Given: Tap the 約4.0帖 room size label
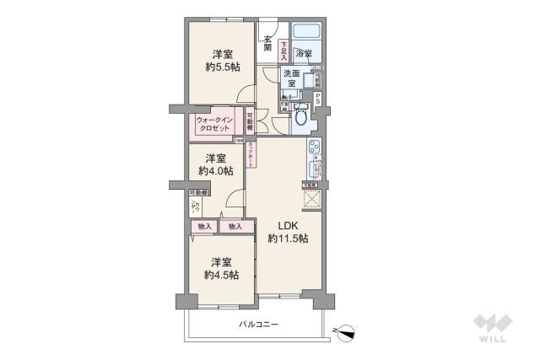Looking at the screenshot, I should coord(216,171).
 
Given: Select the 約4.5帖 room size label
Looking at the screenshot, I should coord(221,275).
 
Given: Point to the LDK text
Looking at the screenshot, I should coord(288,226).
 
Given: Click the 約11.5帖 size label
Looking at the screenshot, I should coord(288,239).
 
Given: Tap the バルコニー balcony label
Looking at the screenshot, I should coord(258,325).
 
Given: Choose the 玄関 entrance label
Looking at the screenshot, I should coord(267,42).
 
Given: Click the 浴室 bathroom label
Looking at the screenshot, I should coord(304,54).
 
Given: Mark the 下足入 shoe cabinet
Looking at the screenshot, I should coord(284,50).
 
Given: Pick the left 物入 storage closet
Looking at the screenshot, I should coord(204,226).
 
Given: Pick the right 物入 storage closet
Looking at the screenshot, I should coord(235,226).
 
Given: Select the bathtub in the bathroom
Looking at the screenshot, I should coord(303,34).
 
